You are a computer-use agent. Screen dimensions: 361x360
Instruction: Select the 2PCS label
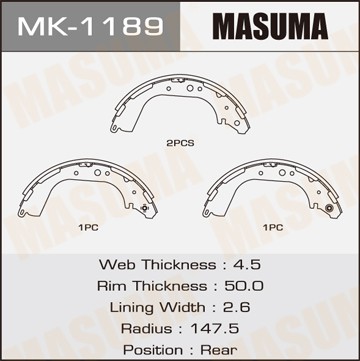click(180, 143)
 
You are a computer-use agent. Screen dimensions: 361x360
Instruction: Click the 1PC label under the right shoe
click(272, 228)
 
